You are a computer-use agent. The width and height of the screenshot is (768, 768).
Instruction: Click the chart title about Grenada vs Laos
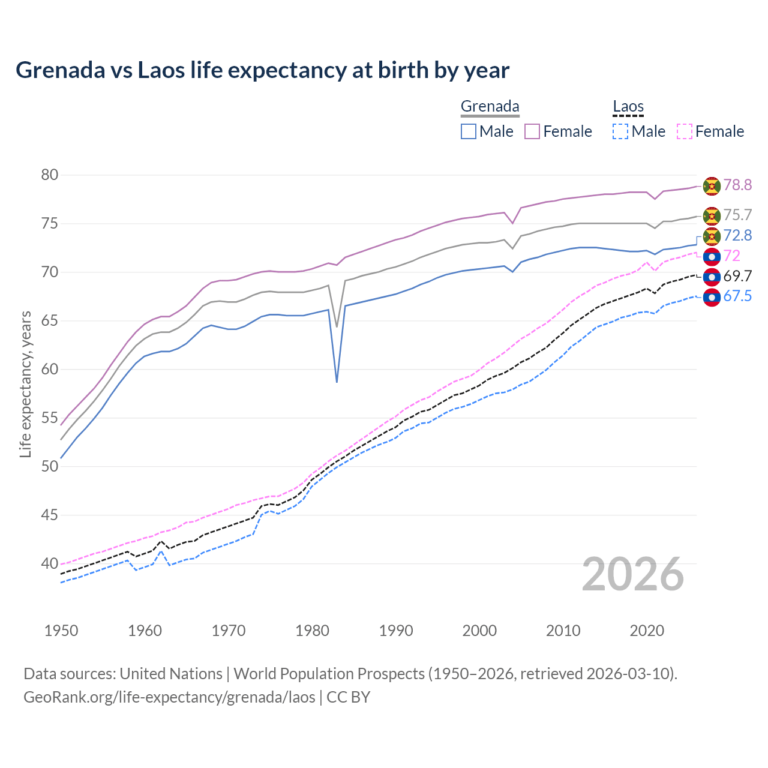(262, 70)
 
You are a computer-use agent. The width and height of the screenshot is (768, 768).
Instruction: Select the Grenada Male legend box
(469, 131)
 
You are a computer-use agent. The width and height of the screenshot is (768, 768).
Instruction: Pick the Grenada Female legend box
(532, 131)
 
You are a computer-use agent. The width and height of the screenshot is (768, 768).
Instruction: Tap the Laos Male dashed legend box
(620, 131)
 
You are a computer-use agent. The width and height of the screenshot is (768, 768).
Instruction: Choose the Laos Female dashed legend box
(684, 131)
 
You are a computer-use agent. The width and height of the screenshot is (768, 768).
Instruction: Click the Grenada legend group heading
(490, 107)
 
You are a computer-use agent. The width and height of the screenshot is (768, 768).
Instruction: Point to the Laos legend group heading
(628, 107)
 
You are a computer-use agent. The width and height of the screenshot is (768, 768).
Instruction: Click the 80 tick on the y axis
(50, 175)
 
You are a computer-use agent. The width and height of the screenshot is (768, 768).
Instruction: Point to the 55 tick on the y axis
(50, 418)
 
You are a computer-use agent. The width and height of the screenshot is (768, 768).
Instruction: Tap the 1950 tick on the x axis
(61, 631)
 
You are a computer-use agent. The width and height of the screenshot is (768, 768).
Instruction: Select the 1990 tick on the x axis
(396, 631)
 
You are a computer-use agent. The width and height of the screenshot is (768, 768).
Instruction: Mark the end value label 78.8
(737, 185)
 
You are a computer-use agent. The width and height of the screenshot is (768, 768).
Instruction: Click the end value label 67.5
(737, 296)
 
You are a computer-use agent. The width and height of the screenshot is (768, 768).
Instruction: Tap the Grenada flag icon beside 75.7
(712, 215)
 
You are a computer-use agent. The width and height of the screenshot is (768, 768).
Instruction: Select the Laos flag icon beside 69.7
(712, 277)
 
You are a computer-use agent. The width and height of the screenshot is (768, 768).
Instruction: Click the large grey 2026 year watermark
(632, 574)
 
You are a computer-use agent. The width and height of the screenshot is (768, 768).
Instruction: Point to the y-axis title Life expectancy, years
(25, 384)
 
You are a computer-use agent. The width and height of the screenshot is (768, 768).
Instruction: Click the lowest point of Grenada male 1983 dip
(337, 382)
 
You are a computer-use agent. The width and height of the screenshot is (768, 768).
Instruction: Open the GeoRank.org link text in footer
(169, 697)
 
